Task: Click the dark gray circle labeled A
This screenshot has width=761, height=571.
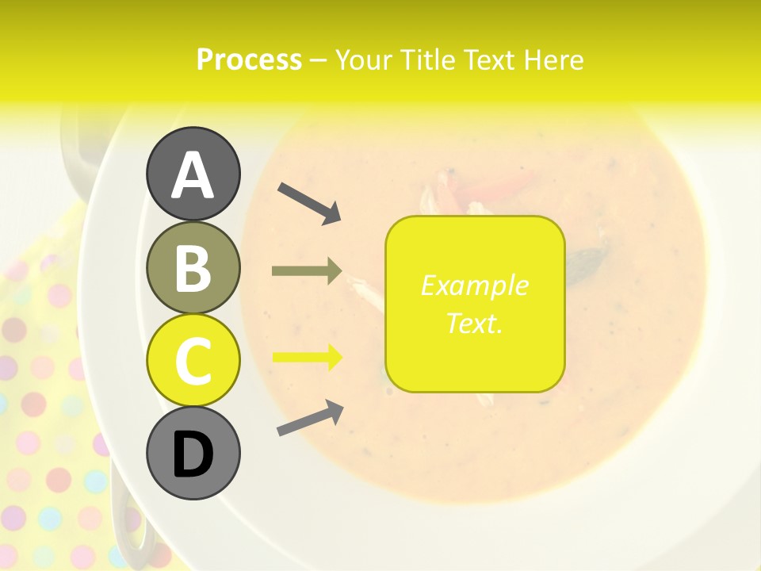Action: (x=193, y=174)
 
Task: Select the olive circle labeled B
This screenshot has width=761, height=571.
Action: (x=193, y=267)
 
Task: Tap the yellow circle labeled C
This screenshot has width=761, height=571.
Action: (x=193, y=360)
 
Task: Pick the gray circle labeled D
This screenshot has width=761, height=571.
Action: (x=193, y=453)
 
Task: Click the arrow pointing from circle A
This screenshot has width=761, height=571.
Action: (x=309, y=203)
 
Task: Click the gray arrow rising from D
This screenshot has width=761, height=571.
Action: (x=310, y=418)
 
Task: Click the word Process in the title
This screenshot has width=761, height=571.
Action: (x=249, y=60)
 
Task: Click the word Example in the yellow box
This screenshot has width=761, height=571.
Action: (x=474, y=285)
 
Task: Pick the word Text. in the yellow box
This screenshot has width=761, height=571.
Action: (x=474, y=323)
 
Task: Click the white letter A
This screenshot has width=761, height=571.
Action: (x=193, y=175)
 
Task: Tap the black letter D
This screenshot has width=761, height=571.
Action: (x=193, y=454)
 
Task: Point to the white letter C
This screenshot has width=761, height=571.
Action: (x=193, y=362)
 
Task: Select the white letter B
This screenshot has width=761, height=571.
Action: (x=193, y=269)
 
